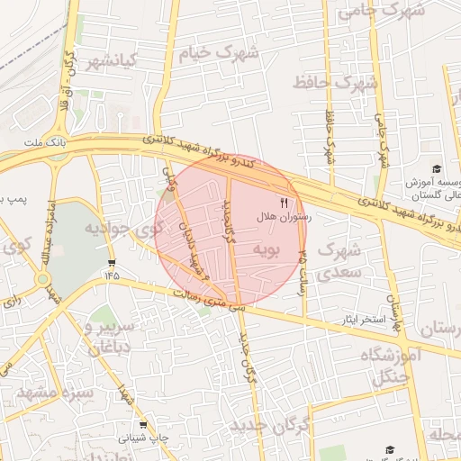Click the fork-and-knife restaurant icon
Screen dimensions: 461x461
pos(285,203)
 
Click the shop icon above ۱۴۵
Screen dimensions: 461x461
pos(112,262)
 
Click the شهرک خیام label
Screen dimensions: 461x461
pos(217,52)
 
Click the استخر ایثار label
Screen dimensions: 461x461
pos(359,320)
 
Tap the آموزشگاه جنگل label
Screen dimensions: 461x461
pos(391,366)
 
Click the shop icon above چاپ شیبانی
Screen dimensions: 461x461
pos(142,424)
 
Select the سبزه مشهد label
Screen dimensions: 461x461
pos(54,393)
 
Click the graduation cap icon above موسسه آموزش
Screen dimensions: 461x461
pos(437,168)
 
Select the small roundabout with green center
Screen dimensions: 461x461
pos(42,279)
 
